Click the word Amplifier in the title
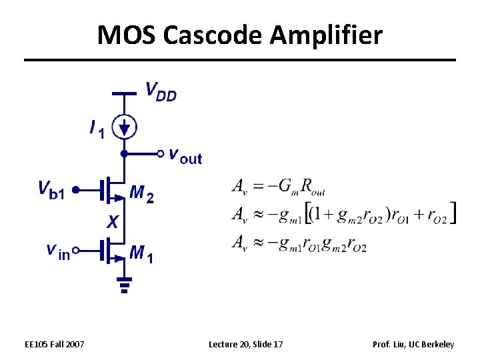(326, 35)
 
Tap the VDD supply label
(161, 91)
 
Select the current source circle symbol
(124, 126)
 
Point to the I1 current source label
(97, 129)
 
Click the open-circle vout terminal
(160, 153)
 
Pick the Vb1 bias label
(52, 190)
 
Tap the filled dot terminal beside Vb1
(75, 190)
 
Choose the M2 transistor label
(142, 193)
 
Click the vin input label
(57, 251)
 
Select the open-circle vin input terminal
(75, 251)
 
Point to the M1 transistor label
(142, 253)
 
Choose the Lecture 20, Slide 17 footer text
(246, 344)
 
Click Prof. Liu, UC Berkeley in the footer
(414, 344)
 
